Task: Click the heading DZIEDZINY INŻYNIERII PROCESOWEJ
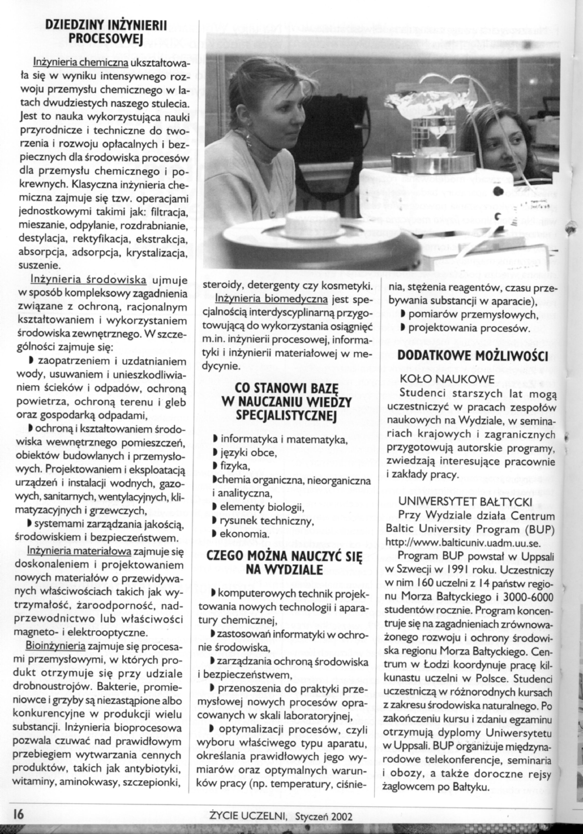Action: pyautogui.click(x=105, y=31)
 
